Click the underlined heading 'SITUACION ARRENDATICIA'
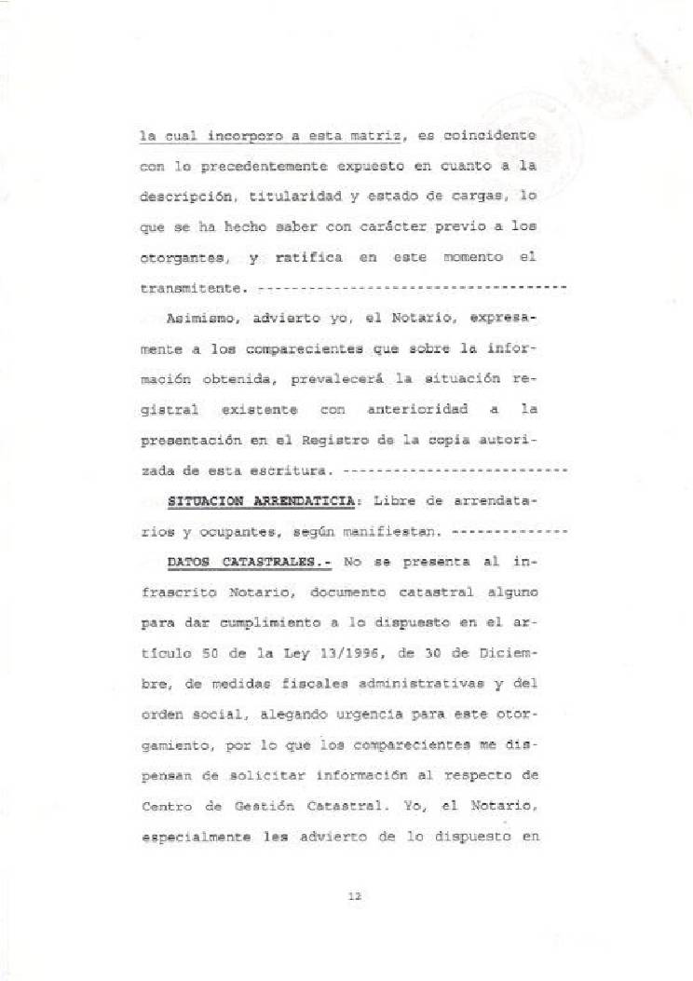point(261,501)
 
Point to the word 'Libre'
point(391,501)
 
